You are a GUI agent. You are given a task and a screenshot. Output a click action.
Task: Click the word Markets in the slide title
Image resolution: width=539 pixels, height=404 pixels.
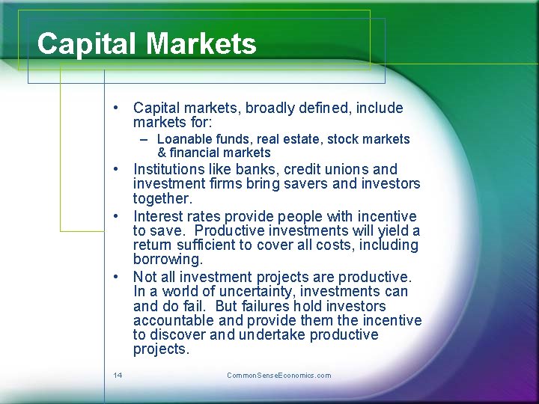point(201,44)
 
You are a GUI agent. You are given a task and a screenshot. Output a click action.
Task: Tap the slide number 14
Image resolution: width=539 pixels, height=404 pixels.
point(118,375)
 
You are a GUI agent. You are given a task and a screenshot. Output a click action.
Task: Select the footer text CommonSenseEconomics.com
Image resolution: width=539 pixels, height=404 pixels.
point(278,375)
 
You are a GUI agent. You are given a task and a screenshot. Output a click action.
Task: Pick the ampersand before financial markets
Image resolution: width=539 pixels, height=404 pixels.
point(162,153)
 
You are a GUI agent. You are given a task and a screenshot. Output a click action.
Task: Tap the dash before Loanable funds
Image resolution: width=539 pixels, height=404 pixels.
point(144,139)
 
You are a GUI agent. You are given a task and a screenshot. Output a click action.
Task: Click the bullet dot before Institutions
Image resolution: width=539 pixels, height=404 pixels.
point(118,169)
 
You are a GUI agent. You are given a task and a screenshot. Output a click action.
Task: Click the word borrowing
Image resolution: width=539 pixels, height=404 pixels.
point(168,260)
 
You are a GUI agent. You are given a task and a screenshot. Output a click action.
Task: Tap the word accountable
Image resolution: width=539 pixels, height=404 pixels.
point(170,321)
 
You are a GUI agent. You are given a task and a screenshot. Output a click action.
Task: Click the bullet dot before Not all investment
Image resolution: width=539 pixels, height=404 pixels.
point(118,276)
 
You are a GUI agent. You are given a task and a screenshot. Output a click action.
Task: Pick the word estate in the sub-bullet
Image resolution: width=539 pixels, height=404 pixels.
point(299,139)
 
